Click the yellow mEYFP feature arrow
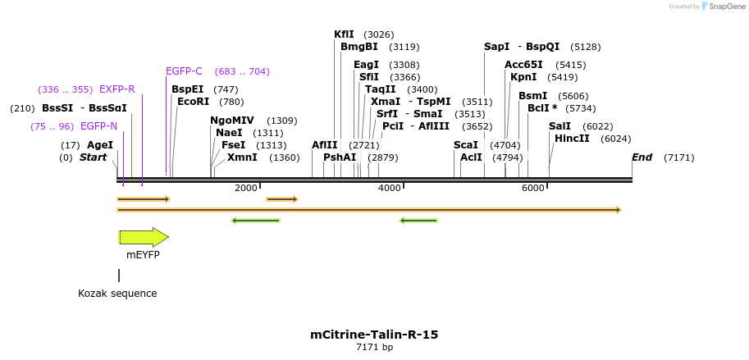144,237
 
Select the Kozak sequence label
117,293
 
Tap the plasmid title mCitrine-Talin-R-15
374,335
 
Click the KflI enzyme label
344,34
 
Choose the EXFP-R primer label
116,89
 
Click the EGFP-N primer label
98,126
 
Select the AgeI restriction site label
99,145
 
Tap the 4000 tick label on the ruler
390,189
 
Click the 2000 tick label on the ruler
246,189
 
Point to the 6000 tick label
533,189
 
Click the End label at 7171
642,157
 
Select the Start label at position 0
93,157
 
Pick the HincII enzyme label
572,139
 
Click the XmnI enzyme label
242,157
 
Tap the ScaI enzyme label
466,145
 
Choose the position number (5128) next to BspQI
586,47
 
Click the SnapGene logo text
725,7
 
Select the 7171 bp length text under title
374,348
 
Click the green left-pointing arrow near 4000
418,220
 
